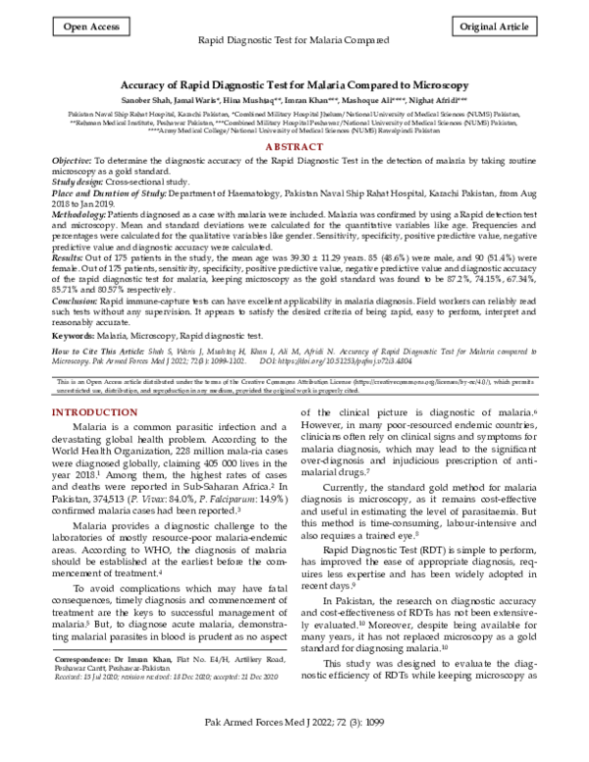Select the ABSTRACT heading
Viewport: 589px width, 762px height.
[294, 145]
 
